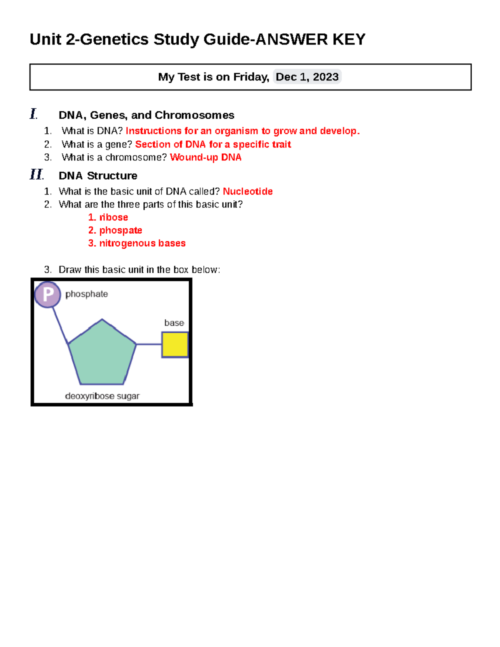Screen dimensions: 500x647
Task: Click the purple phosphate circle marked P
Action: tap(47, 295)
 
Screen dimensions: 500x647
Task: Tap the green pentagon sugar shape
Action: tap(102, 354)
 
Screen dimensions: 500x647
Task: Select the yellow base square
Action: tap(175, 345)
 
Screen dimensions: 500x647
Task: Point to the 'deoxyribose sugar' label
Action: tap(102, 396)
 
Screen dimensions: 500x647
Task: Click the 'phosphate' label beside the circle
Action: tap(87, 294)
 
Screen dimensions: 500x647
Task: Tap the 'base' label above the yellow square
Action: tap(174, 323)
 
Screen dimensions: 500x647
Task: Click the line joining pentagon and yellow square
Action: tap(149, 344)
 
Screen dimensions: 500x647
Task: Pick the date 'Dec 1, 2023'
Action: tap(307, 77)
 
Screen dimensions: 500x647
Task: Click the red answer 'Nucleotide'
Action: tap(247, 192)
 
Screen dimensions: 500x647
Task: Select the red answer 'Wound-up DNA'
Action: tap(205, 157)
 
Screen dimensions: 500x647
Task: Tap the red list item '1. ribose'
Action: tap(108, 217)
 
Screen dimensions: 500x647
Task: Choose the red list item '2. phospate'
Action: tap(115, 230)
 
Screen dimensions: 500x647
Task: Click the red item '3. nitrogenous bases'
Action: tap(137, 243)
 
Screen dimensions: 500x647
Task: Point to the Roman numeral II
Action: tap(36, 175)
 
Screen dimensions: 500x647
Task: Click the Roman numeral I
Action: tap(33, 114)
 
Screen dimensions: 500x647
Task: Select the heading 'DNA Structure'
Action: tap(98, 176)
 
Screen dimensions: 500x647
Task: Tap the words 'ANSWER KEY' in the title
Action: tap(310, 40)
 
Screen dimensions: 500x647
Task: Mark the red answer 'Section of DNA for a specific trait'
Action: tap(213, 145)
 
